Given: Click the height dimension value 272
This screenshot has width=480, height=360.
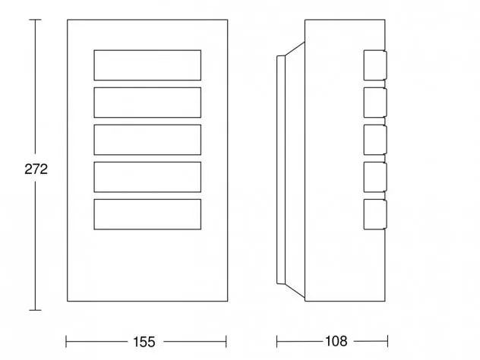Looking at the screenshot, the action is click(36, 169).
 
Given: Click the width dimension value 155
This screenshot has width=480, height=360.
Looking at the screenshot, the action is click(144, 342).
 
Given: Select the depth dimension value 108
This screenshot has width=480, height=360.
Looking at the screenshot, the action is click(336, 341).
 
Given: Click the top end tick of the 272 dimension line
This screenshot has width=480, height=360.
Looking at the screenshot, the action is click(35, 20).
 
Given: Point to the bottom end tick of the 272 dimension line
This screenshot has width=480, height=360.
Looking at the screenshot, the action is click(35, 310).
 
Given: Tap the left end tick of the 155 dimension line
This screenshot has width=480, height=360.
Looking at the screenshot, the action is click(66, 342).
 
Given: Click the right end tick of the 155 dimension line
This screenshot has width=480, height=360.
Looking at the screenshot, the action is click(226, 342).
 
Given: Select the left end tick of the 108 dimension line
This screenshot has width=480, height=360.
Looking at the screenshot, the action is click(276, 341).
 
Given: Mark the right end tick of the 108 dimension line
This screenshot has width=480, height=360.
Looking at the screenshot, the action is click(387, 341).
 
